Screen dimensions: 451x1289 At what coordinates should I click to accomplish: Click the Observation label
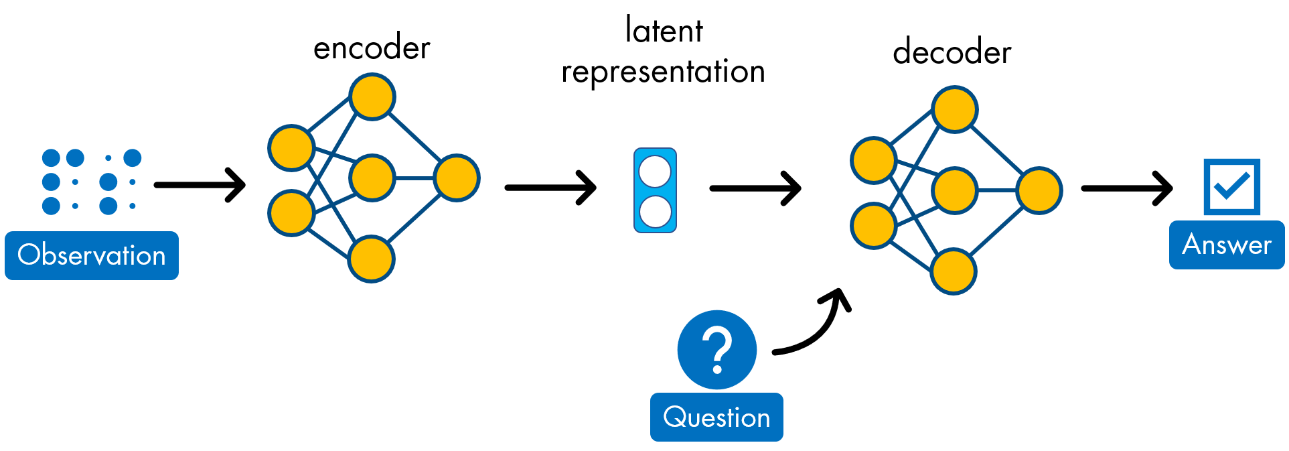[x=92, y=255]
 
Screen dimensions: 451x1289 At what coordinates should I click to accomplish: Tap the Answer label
[x=1226, y=245]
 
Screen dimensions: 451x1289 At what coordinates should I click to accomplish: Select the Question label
[x=716, y=417]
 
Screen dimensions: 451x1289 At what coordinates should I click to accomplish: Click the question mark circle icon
[x=716, y=349]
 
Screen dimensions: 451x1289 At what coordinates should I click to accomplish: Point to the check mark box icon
[x=1231, y=186]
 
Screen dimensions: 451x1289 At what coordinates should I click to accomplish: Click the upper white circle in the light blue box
[x=655, y=172]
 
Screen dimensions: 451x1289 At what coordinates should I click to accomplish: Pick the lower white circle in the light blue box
[x=655, y=212]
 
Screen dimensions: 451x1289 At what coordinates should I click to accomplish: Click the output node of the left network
[x=457, y=178]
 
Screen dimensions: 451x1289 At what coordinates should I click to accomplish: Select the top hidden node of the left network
[x=372, y=96]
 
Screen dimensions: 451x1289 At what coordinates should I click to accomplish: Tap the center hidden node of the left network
[x=372, y=178]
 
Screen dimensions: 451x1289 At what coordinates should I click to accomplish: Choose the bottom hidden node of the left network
[x=371, y=259]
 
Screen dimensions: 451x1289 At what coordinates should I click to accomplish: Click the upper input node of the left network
[x=291, y=147]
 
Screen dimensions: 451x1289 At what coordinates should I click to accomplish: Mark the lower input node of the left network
[x=291, y=213]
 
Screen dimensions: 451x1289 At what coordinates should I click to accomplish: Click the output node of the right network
[x=1039, y=190]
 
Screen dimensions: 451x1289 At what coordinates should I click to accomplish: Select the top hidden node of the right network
[x=955, y=109]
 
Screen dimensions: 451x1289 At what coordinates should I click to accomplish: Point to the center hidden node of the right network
[x=954, y=190]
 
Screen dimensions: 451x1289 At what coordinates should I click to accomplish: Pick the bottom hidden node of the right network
[x=954, y=271]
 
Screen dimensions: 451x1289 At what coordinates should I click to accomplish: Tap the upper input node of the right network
[x=873, y=160]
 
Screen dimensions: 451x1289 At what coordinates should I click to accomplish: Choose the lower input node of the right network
[x=873, y=226]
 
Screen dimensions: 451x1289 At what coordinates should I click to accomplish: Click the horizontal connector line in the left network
[x=414, y=178]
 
